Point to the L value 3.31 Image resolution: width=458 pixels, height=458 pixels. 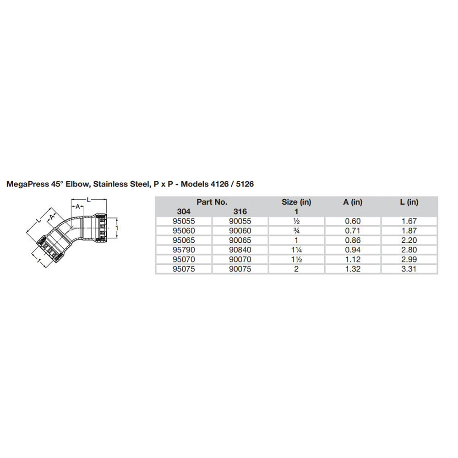409,269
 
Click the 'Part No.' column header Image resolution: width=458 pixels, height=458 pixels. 212,202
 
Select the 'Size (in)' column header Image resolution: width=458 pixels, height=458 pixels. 296,202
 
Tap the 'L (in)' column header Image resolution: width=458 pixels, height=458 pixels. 409,202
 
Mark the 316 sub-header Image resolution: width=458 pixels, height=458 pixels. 240,212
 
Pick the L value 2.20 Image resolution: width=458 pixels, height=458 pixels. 409,240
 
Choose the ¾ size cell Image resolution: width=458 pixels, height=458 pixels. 296,230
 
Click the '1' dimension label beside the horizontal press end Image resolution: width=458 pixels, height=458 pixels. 118,227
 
